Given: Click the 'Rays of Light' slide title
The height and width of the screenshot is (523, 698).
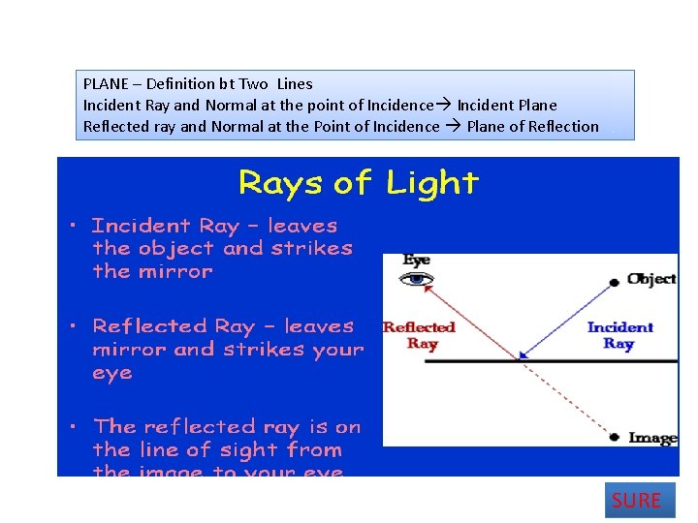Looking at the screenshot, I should coord(359,182).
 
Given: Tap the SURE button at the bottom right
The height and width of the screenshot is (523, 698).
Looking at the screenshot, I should coord(636,501).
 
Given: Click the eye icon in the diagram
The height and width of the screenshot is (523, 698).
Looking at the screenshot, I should coord(417,280).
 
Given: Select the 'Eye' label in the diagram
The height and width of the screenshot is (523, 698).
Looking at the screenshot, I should coord(416,261).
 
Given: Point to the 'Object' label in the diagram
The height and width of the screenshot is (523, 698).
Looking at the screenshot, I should coord(652,279).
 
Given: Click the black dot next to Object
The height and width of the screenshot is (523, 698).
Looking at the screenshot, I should coord(614,282).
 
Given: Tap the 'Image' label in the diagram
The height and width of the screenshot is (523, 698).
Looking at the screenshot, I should coord(652,438).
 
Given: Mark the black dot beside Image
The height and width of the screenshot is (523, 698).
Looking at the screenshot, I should coord(614,438).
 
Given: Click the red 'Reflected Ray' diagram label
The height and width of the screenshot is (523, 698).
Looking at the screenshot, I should coord(419,335).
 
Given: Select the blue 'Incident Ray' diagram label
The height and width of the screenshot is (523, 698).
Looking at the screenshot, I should coord(619,335).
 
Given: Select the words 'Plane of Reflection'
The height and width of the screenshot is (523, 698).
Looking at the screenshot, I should coord(532,126).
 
